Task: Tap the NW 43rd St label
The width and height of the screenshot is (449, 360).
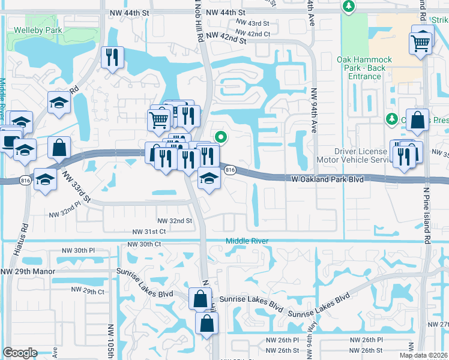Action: pyautogui.click(x=253, y=23)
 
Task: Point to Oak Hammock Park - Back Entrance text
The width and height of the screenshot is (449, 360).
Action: pyautogui.click(x=364, y=68)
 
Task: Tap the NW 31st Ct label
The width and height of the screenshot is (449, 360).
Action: pyautogui.click(x=149, y=232)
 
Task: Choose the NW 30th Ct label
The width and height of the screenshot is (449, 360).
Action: pyautogui.click(x=144, y=244)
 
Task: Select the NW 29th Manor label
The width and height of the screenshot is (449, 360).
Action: pyautogui.click(x=28, y=271)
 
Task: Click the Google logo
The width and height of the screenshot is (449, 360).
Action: pyautogui.click(x=20, y=353)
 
